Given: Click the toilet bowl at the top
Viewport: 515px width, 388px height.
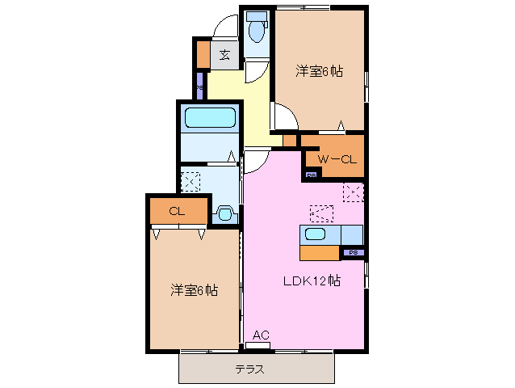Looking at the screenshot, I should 258,32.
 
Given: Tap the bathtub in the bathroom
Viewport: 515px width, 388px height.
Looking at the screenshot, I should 210,118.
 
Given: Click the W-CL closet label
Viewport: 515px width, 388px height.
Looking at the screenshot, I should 337,159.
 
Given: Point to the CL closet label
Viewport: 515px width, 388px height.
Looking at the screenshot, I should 177,211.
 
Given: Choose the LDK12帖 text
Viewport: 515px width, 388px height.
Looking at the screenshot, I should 310,281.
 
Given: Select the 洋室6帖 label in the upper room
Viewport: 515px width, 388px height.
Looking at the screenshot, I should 319,72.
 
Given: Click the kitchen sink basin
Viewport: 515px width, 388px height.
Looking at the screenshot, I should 315,234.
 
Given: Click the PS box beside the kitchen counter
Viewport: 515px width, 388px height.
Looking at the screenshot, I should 352,253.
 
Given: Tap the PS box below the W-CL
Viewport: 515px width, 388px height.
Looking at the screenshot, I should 311,175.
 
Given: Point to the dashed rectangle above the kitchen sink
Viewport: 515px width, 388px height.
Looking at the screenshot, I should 321,213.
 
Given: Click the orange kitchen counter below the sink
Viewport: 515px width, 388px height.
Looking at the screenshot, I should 320,252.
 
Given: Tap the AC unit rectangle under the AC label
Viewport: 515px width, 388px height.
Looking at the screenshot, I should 257,346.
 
